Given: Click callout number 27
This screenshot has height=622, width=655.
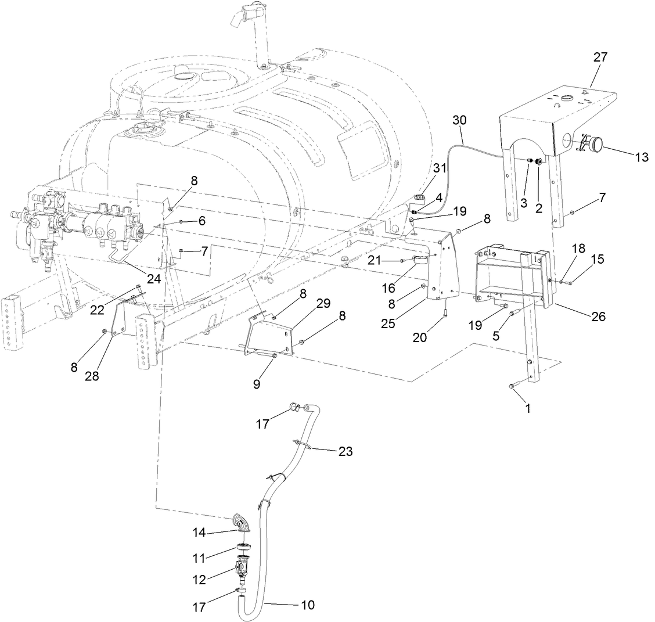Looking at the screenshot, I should coord(600,57).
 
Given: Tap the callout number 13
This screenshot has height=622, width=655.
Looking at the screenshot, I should coord(641,157).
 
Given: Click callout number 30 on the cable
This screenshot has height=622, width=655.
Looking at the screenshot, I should coord(460,120).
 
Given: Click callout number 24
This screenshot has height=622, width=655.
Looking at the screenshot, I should coord(153,278).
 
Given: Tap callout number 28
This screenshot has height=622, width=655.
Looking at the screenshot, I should coord(92,376).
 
